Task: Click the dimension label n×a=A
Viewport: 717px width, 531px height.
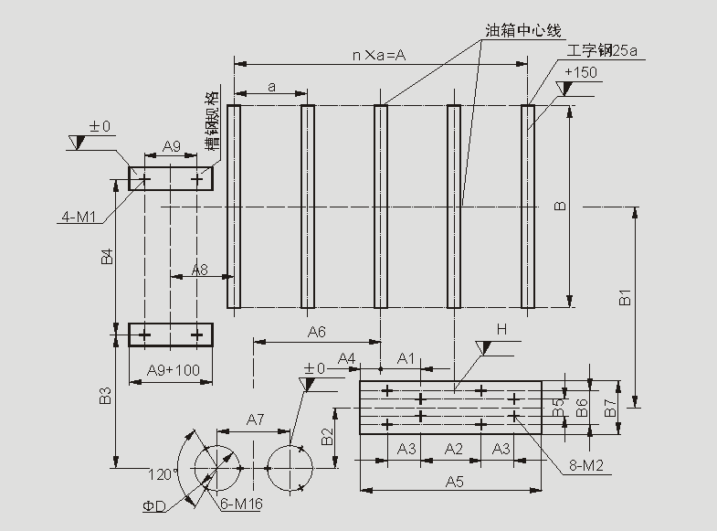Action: pos(379,55)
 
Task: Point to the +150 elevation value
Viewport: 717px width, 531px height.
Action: pos(581,73)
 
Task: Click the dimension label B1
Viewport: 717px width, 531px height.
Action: pos(626,298)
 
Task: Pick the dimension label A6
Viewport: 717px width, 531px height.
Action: pos(316,331)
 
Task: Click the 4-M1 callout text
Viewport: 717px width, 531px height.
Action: pos(80,217)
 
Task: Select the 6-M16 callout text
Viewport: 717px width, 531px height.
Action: pos(241,504)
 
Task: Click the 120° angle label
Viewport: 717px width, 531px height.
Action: pos(163,474)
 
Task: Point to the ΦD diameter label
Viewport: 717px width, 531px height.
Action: pos(154,505)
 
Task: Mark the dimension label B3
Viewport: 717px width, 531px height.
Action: pos(106,397)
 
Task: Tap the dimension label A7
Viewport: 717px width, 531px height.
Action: pos(255,419)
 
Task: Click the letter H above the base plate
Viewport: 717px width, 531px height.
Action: pos(501,329)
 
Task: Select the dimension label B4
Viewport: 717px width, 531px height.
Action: pos(106,257)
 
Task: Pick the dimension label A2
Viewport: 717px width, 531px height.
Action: pos(453,449)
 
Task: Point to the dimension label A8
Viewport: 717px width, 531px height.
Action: pos(199,271)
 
